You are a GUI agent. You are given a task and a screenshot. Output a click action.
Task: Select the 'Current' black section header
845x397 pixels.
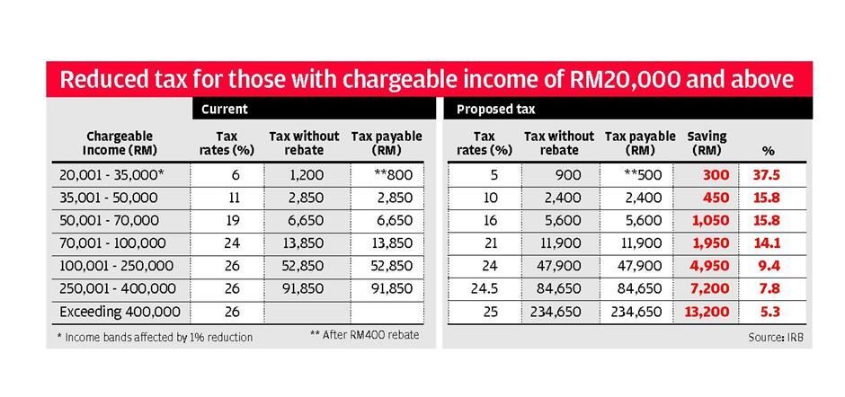tap(224, 110)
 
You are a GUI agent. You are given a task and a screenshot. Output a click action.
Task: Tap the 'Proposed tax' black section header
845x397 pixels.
tap(495, 110)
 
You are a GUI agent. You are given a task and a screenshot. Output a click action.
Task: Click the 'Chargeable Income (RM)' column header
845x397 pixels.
tap(120, 143)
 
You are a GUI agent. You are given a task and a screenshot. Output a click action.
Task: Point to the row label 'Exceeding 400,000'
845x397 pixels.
tap(120, 312)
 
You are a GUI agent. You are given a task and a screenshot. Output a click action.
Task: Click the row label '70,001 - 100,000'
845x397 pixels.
tap(112, 243)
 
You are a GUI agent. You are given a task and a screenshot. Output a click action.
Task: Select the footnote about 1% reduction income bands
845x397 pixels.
tap(154, 337)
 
